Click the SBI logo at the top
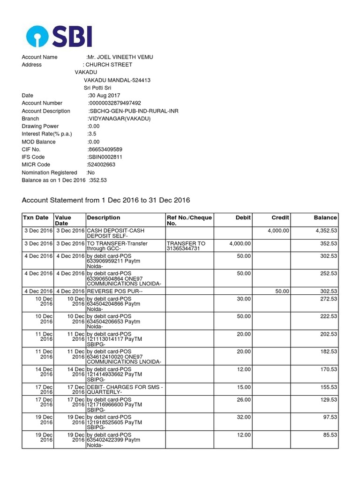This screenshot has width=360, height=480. pos(60,36)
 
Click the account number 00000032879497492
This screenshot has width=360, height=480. pos(114,103)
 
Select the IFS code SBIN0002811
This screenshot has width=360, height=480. pos(105,157)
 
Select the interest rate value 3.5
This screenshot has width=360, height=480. pos(92,134)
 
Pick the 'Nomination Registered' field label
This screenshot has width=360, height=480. pos(49,172)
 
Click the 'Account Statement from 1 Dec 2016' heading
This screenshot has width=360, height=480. pos(106,200)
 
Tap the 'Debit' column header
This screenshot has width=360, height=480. pos(243,217)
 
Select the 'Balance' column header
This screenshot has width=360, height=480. pos(325,217)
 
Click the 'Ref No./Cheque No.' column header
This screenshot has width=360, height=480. pos(189,220)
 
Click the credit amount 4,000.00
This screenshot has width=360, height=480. pos(278,231)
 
